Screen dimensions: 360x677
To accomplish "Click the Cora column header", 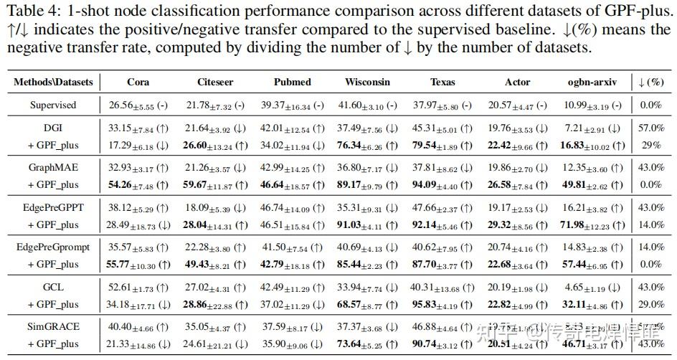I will [x=138, y=82].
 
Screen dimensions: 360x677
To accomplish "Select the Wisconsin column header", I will [x=367, y=82].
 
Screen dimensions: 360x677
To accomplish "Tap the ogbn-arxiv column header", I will [x=592, y=82].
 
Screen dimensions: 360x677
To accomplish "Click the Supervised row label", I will [x=53, y=105].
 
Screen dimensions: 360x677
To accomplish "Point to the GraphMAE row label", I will [x=53, y=168].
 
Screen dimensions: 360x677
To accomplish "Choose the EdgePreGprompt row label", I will [x=53, y=247].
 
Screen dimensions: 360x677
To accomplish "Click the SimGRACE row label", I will [x=53, y=327].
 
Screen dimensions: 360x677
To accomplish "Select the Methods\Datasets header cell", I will [x=53, y=82].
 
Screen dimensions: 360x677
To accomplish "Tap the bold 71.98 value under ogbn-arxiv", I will [x=581, y=225].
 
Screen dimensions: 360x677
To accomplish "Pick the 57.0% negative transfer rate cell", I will [x=650, y=128].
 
